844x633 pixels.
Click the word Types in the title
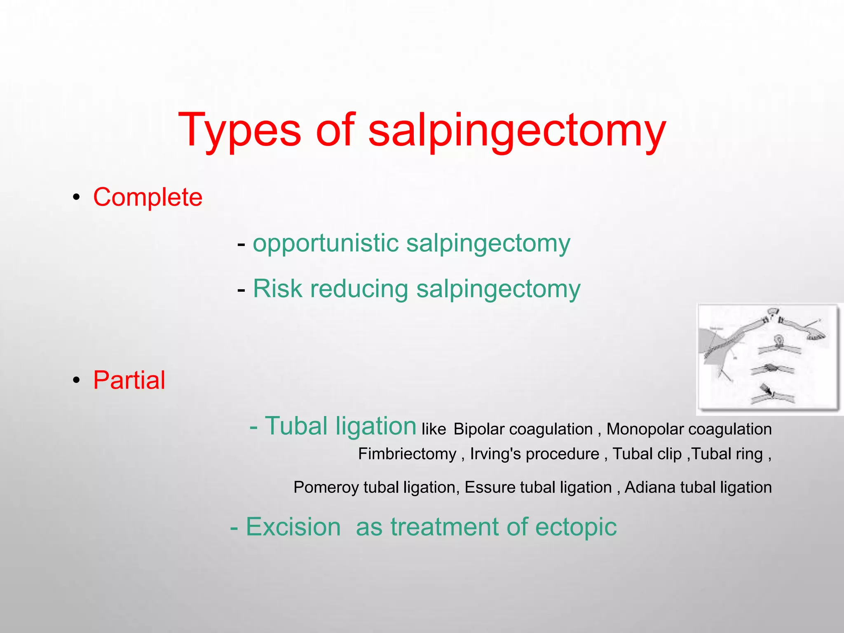[x=239, y=131]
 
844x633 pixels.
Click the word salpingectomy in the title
[x=517, y=131]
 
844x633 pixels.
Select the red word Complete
[x=148, y=197]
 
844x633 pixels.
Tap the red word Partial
[x=129, y=380]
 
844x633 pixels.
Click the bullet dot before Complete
[x=76, y=197]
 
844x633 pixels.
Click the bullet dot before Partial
[x=76, y=380]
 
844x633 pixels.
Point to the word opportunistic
[x=325, y=243]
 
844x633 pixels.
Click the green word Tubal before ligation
[x=296, y=426]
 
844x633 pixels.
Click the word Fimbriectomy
[x=407, y=454]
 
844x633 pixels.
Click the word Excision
[x=293, y=527]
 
